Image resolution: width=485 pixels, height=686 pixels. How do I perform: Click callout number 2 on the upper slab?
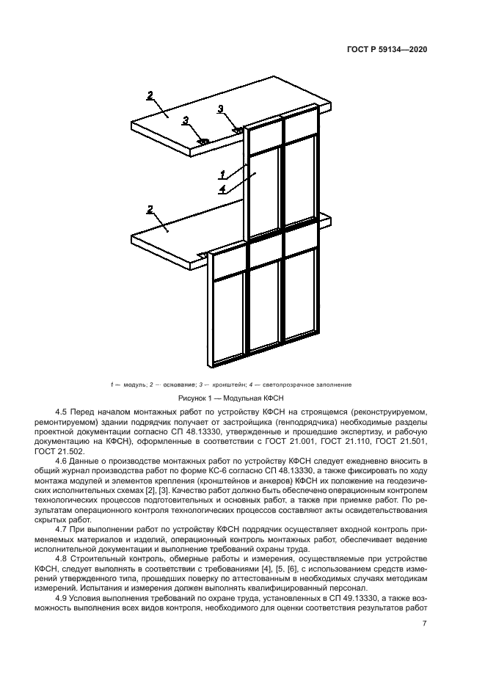pos(150,95)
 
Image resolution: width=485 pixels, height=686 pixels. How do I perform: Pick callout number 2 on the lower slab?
pos(150,210)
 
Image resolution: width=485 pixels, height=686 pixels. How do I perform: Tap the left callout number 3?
pos(186,120)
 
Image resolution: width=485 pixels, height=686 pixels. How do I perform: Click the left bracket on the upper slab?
pos(203,140)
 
